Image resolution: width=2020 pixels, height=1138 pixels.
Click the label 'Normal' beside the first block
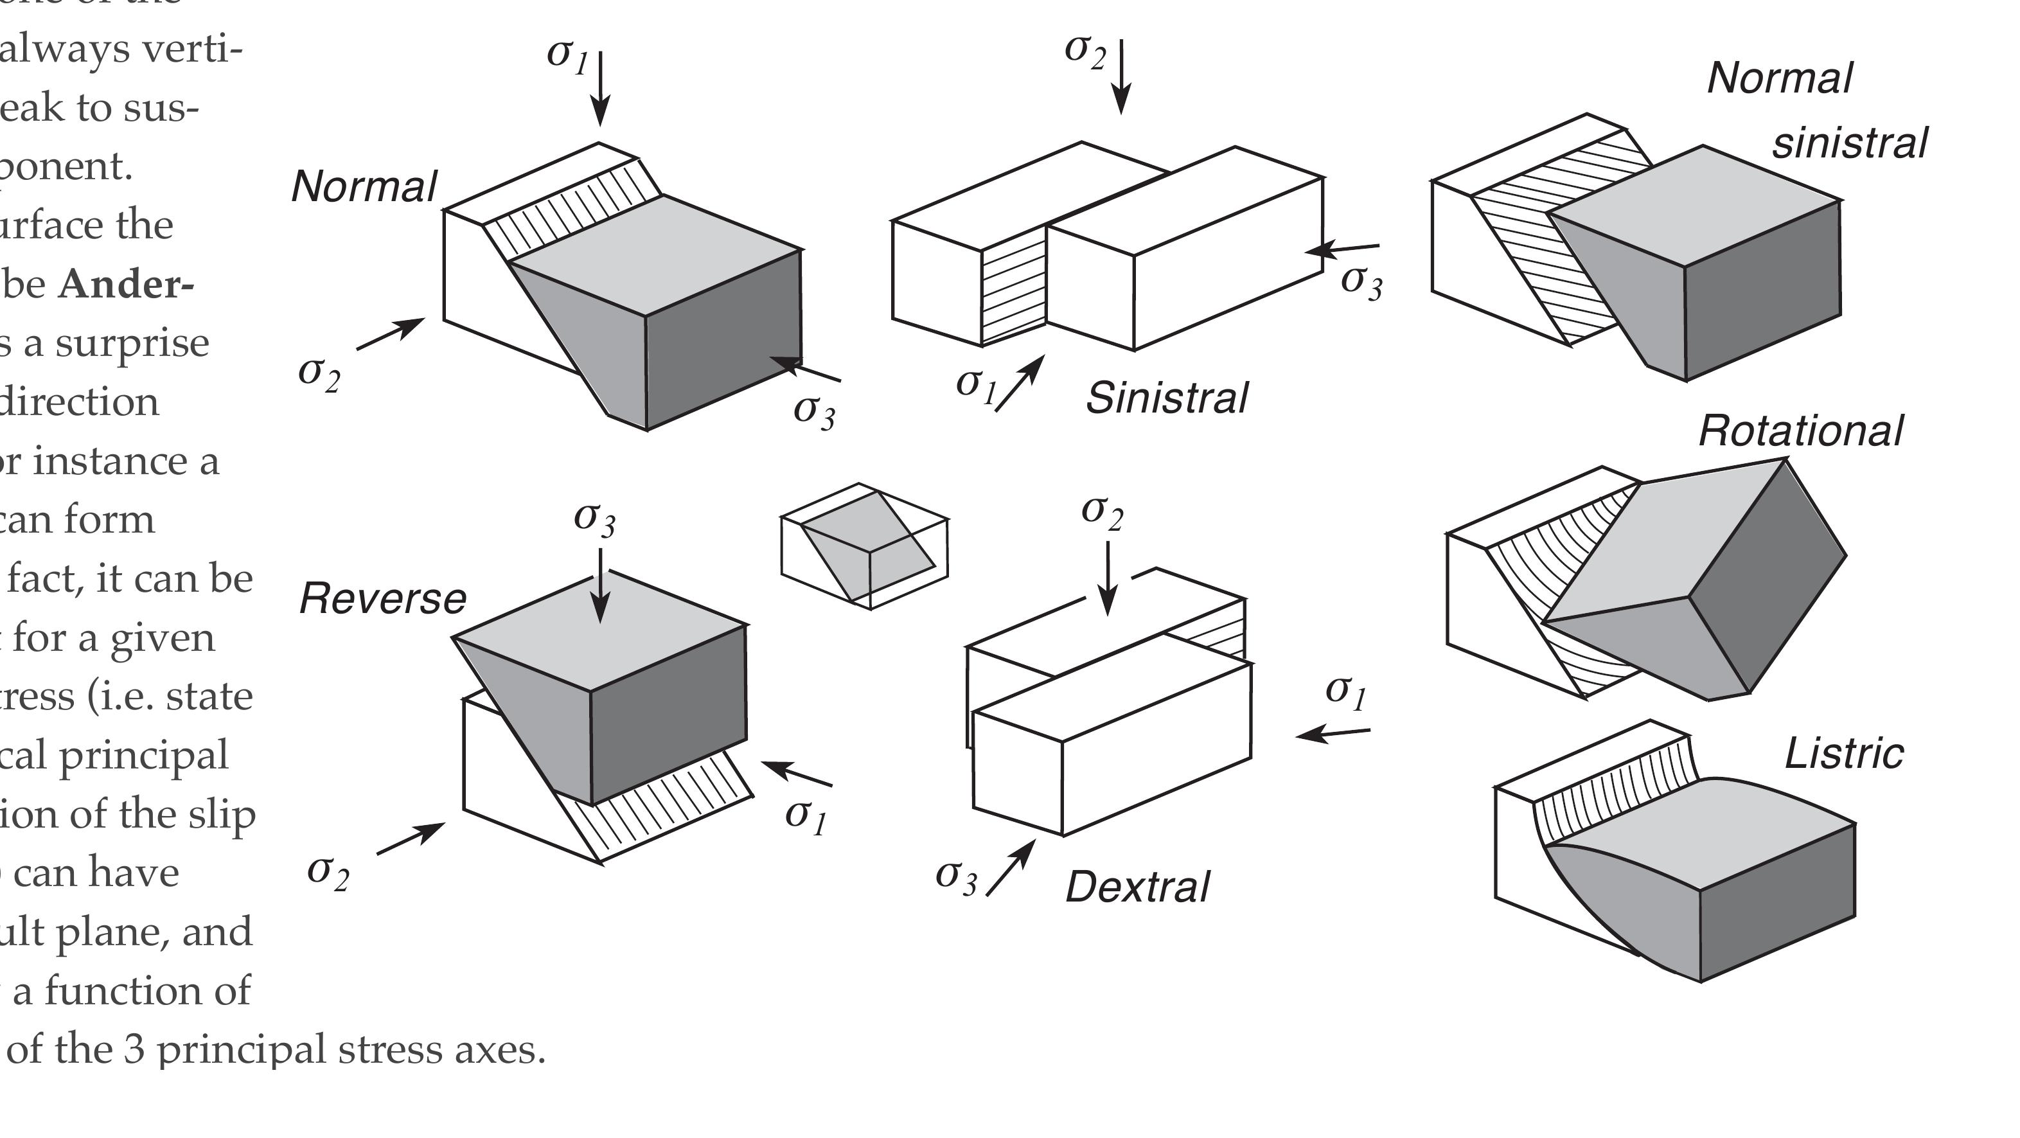[364, 188]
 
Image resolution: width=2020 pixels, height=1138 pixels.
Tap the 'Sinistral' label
[1166, 398]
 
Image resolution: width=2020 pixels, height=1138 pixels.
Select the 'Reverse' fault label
[383, 599]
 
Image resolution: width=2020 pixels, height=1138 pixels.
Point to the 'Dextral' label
[1137, 888]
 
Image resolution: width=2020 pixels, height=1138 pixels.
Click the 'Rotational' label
[1800, 431]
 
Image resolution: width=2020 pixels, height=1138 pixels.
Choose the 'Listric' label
[1843, 754]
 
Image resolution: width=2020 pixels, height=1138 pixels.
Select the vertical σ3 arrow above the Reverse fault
[600, 584]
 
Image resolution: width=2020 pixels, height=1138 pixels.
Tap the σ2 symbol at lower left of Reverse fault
[328, 871]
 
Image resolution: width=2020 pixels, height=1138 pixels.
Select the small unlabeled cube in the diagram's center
[864, 546]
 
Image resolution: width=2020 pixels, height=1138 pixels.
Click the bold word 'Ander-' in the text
[125, 284]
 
